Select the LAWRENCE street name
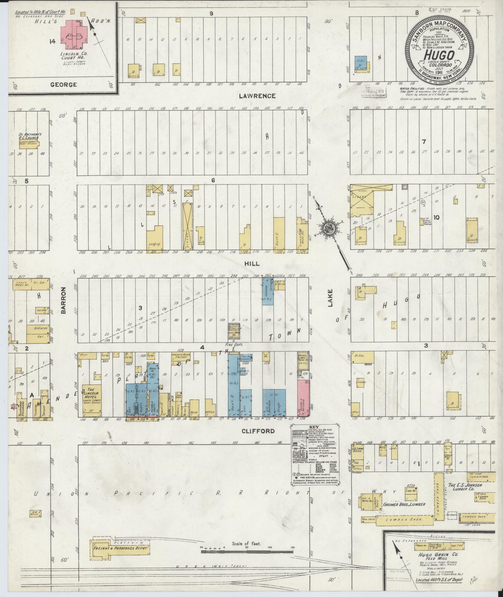coord(257,96)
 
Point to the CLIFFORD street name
coord(258,431)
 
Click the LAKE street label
coord(330,299)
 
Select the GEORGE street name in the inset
coord(64,85)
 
